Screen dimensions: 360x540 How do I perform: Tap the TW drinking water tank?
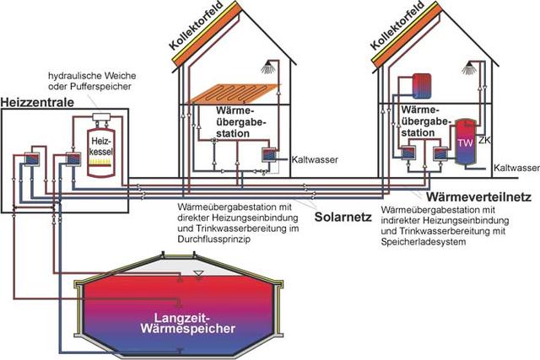[x=463, y=144]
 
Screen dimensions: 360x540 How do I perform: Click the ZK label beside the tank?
[x=483, y=138]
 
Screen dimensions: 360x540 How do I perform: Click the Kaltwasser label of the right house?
[x=516, y=169]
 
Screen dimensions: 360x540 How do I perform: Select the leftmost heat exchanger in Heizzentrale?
[x=32, y=159]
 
